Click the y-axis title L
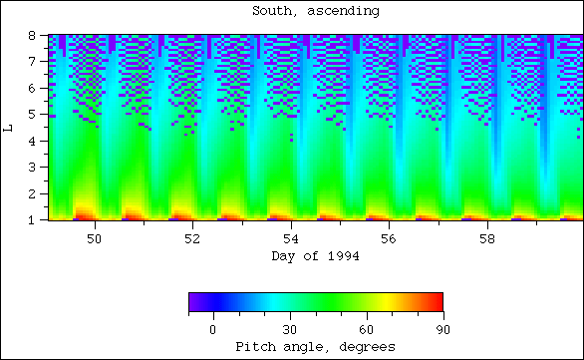(x=9, y=127)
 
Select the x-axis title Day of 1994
(x=316, y=256)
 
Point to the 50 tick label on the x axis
(x=95, y=240)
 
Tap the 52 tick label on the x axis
(x=192, y=240)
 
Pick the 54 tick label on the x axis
(x=290, y=240)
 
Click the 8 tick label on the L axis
(x=32, y=35)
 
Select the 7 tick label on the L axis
(x=32, y=62)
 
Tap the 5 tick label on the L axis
(x=32, y=115)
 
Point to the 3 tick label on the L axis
(x=32, y=168)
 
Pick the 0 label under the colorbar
(x=212, y=328)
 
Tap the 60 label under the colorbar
(x=366, y=328)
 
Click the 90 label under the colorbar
(x=442, y=328)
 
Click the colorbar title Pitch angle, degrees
(x=316, y=346)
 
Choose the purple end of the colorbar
(x=193, y=302)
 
